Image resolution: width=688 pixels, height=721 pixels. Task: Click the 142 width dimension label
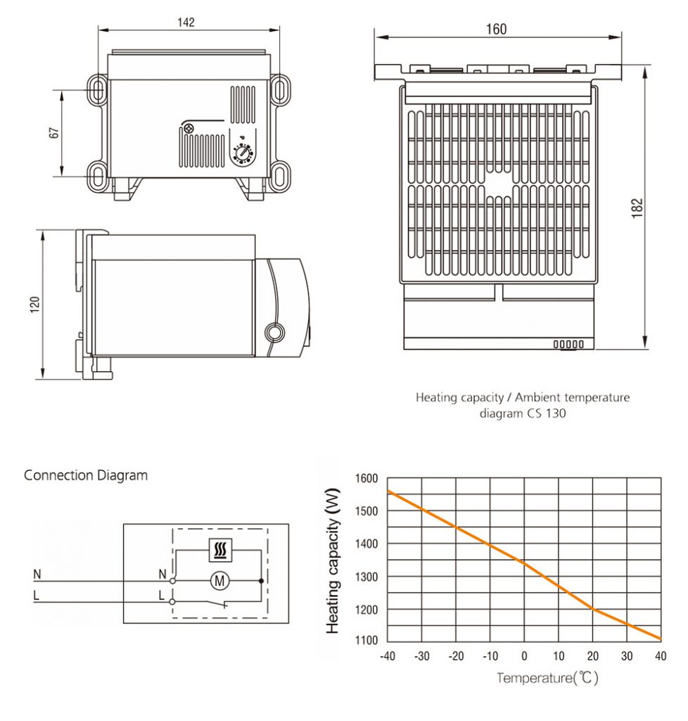click(x=186, y=22)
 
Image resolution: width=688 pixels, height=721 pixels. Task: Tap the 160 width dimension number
click(x=496, y=29)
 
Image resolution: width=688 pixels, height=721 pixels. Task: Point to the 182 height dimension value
click(x=637, y=208)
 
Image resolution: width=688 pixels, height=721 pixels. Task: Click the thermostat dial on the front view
click(x=244, y=152)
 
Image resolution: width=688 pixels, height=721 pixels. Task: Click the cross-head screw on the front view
click(x=189, y=128)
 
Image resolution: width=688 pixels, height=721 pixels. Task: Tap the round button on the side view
click(x=272, y=331)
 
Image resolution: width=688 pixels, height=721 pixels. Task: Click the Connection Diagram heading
click(x=86, y=475)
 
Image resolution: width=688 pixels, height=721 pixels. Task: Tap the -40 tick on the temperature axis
click(x=387, y=656)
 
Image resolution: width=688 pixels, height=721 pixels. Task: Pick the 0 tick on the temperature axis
click(x=524, y=656)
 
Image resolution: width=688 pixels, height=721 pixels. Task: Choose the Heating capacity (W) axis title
click(x=333, y=560)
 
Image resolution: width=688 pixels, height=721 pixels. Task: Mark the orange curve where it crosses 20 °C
click(x=593, y=609)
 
